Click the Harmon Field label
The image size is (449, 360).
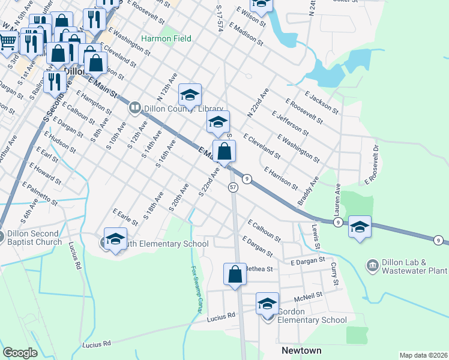(x=166, y=39)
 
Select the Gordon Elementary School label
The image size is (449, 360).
(x=312, y=320)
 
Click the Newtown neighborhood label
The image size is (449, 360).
(x=301, y=350)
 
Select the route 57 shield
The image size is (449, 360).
(x=233, y=188)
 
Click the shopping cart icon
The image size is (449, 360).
(x=8, y=42)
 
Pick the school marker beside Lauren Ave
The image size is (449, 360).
(x=360, y=227)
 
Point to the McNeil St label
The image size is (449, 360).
(x=309, y=295)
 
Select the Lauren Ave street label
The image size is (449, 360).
(x=337, y=200)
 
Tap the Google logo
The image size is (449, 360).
(x=20, y=353)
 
